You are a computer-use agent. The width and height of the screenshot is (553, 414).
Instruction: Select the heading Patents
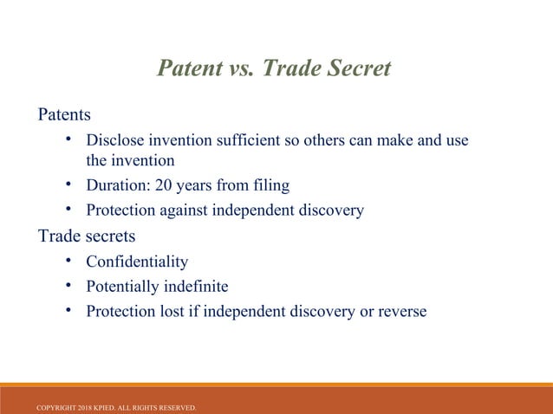coord(63,114)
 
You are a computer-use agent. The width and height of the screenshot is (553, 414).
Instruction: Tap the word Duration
coord(117,185)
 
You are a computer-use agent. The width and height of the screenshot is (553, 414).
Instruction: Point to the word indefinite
coord(200,287)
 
